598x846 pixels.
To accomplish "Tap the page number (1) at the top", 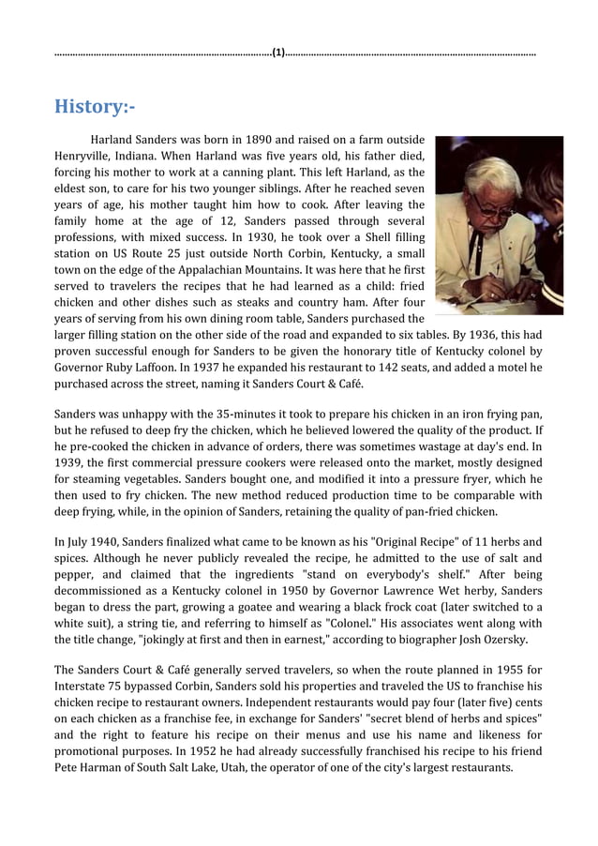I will [x=279, y=53].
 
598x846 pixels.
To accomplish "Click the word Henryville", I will [x=86, y=156].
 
